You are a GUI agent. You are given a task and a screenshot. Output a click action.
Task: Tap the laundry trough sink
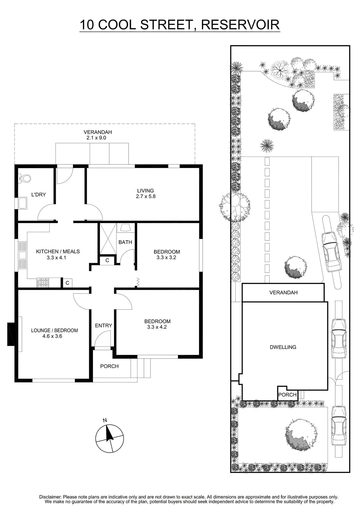click(23, 203)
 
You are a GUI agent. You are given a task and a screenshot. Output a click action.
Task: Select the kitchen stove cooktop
click(43, 282)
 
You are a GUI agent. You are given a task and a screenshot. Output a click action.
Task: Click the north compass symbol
click(109, 438)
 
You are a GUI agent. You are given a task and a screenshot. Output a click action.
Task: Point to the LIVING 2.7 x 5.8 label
click(145, 193)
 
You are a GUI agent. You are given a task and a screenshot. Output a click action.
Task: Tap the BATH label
click(125, 242)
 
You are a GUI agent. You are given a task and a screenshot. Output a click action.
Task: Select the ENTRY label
click(103, 325)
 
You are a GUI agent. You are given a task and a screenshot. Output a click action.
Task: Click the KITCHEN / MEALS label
click(58, 251)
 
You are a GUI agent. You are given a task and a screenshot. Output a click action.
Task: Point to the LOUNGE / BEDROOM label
click(54, 331)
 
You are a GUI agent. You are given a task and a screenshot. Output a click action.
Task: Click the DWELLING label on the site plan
click(283, 347)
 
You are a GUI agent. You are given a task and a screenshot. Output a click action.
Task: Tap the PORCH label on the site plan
click(287, 395)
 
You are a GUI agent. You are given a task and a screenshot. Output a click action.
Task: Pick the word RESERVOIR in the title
click(240, 25)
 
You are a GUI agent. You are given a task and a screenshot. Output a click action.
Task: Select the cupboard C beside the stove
click(67, 283)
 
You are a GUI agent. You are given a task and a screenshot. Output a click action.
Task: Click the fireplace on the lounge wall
click(11, 334)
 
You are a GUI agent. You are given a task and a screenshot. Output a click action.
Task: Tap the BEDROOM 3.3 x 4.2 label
click(157, 324)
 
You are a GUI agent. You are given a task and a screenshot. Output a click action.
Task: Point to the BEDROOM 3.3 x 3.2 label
click(166, 254)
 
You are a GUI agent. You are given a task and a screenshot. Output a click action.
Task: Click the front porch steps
click(141, 368)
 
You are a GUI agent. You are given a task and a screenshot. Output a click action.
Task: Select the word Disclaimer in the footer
click(50, 497)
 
